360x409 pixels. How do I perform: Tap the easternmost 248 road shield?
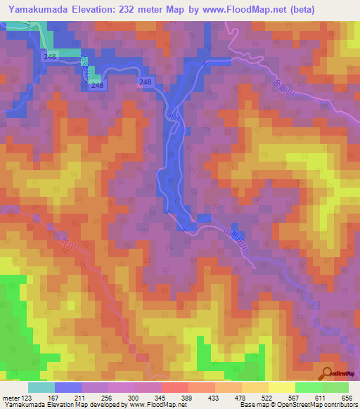[x=146, y=82]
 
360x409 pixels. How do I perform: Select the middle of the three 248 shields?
[x=97, y=86]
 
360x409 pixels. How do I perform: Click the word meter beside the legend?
[x=11, y=398]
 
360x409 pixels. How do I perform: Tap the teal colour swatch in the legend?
[x=41, y=387]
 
